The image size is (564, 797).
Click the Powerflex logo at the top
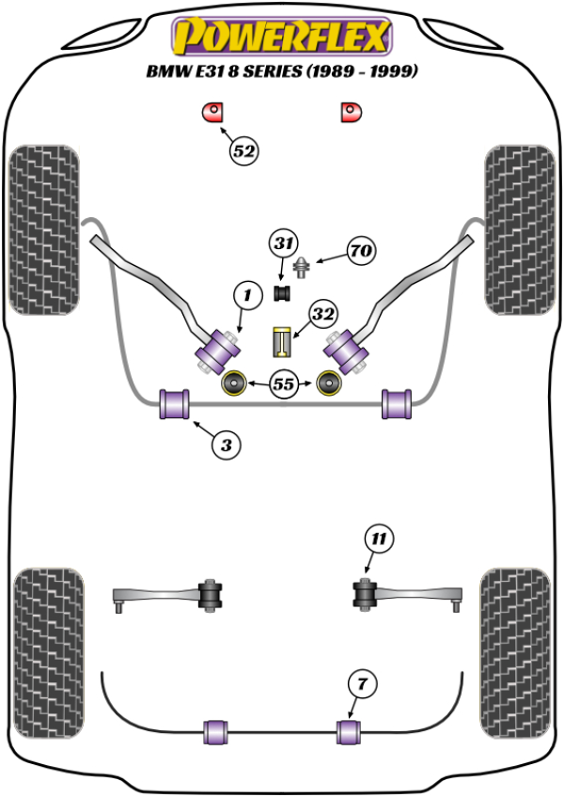click(281, 37)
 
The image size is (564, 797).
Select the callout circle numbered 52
click(244, 150)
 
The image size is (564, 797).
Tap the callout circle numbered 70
click(361, 252)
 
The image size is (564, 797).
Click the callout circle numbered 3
click(226, 445)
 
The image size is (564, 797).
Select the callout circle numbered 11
click(378, 539)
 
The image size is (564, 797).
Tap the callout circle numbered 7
click(360, 683)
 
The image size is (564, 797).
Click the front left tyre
click(43, 230)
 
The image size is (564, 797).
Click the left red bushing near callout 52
click(211, 113)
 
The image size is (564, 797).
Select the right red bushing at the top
click(351, 113)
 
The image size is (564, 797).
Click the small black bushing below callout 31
click(281, 294)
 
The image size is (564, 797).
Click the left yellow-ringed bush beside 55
click(233, 383)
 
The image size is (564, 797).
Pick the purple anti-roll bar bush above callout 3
click(175, 403)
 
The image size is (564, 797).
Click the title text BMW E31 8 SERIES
click(281, 71)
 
